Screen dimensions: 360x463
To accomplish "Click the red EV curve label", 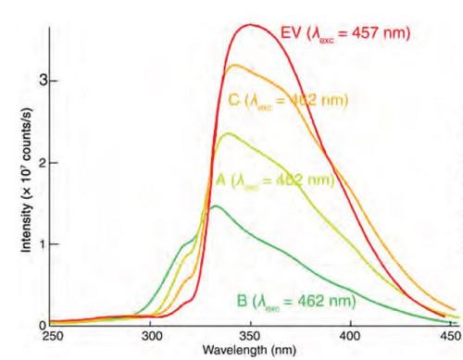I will tap(344, 34).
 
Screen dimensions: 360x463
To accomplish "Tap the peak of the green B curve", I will tap(215, 206).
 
